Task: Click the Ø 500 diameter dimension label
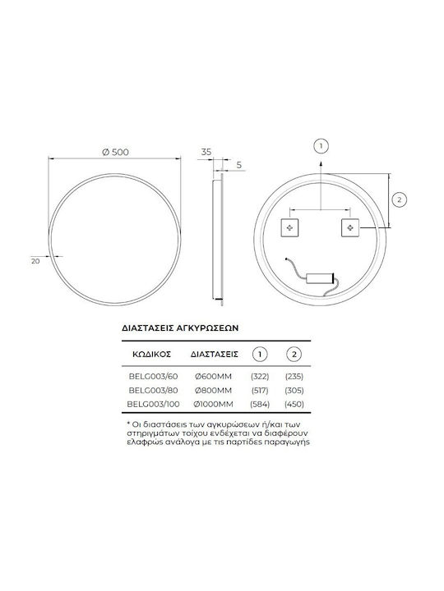coord(116,152)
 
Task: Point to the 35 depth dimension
coord(206,152)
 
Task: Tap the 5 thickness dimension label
coord(238,165)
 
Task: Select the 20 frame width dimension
coord(35,261)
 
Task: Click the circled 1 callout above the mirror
coord(321,146)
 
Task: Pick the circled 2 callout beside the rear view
coord(400,199)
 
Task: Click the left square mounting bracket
coord(289,227)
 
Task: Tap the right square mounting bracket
coord(350,227)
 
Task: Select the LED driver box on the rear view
coord(319,278)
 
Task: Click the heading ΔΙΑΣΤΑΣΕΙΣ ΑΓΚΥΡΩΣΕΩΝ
coord(180,328)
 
